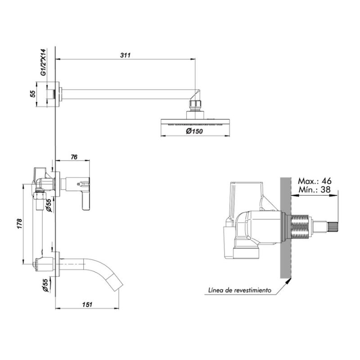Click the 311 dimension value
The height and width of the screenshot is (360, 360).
click(125, 55)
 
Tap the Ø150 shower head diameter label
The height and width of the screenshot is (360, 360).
click(194, 131)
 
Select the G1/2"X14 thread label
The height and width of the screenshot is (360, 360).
click(43, 62)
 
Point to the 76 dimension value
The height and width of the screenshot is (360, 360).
click(74, 157)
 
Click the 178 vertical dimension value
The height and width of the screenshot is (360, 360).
click(19, 224)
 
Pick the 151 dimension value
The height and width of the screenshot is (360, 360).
click(87, 305)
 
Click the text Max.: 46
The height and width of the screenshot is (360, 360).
click(315, 181)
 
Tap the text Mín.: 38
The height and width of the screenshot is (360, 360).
click(315, 189)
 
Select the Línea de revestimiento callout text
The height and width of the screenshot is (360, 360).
click(240, 290)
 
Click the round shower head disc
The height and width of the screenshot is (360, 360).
click(195, 122)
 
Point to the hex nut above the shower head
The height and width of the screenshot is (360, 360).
click(195, 104)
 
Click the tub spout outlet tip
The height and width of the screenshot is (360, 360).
click(121, 285)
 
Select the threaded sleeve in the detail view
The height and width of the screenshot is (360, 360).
click(300, 227)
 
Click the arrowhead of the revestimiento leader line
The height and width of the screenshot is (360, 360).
click(289, 280)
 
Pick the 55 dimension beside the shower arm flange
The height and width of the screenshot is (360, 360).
click(33, 94)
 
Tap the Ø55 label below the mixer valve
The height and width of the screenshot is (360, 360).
click(48, 205)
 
